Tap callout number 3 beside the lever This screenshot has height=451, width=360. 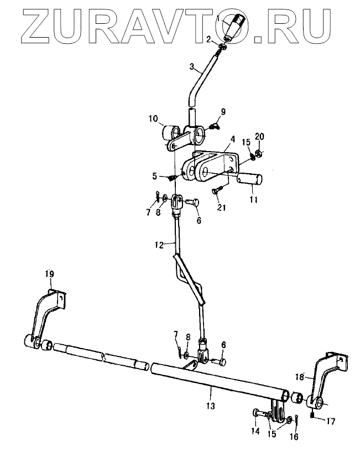pyautogui.click(x=192, y=67)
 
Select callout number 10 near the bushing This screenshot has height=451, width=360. pyautogui.click(x=153, y=118)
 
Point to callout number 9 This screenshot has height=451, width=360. pyautogui.click(x=223, y=112)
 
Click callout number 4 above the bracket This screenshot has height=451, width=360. pyautogui.click(x=232, y=139)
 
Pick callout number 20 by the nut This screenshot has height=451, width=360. pyautogui.click(x=260, y=136)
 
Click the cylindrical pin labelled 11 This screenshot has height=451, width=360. pyautogui.click(x=250, y=180)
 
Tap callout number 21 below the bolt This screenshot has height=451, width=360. pyautogui.click(x=221, y=207)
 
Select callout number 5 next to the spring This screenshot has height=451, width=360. pyautogui.click(x=155, y=176)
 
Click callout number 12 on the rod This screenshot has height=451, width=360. pyautogui.click(x=159, y=245)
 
